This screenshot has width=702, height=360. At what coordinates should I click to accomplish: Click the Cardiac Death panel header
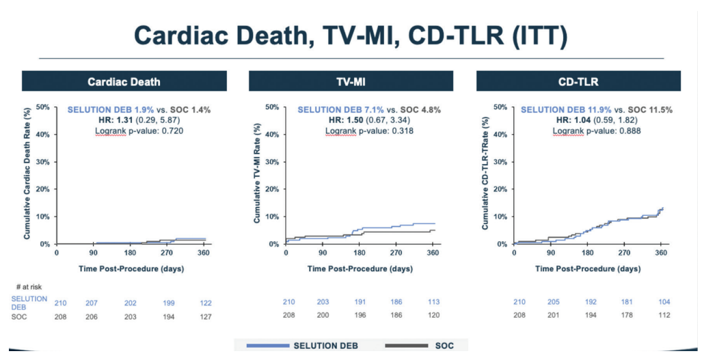124,81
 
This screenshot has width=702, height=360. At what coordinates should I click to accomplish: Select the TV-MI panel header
351,81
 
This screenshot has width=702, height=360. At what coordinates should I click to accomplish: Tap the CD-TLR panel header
579,81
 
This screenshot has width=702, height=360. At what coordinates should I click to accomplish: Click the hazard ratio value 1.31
119,120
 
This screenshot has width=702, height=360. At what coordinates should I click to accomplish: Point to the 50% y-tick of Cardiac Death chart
43,107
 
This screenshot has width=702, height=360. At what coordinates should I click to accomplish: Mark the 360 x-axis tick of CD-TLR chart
660,253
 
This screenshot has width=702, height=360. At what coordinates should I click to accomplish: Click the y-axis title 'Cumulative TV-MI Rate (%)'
256,176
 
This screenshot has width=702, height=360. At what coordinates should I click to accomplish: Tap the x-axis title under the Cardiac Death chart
131,268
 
